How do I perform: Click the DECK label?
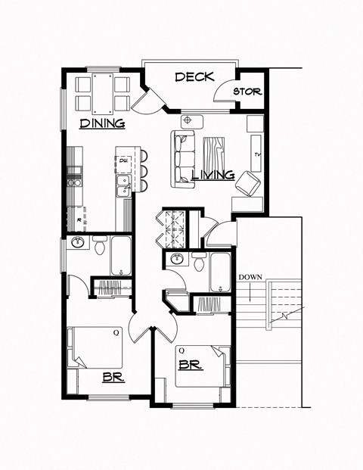194,77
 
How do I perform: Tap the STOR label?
247,92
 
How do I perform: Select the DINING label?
102,123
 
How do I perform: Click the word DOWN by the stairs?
250,277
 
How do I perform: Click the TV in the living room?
257,154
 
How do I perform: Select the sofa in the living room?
184,159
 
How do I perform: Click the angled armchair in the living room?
246,185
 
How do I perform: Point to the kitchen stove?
74,180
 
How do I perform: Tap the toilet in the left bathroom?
100,246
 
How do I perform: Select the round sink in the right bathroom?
176,259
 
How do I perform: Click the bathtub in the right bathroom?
221,272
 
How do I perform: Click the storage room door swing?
223,92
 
